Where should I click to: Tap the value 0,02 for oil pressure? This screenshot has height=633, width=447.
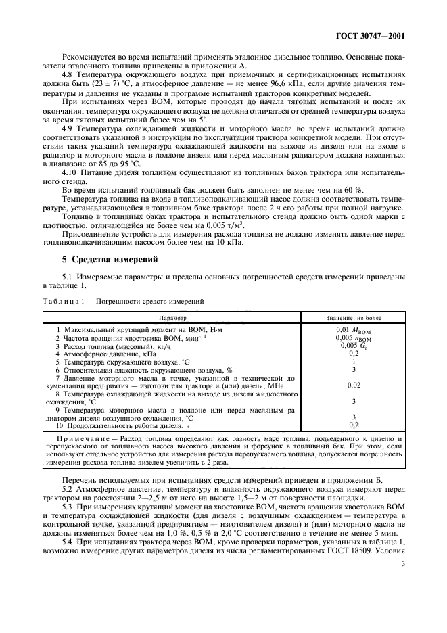(353, 384)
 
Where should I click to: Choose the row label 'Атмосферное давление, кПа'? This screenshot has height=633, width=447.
(109, 352)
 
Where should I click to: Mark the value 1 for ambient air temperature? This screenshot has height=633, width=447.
(354, 360)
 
